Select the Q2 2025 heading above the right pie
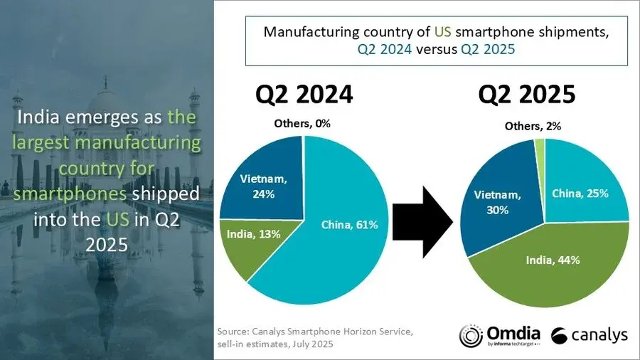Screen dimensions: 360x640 coord(527,95)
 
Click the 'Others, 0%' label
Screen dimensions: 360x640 coord(303,124)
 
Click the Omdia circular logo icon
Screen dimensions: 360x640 coord(471,337)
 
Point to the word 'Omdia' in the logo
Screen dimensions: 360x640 coord(513,332)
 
